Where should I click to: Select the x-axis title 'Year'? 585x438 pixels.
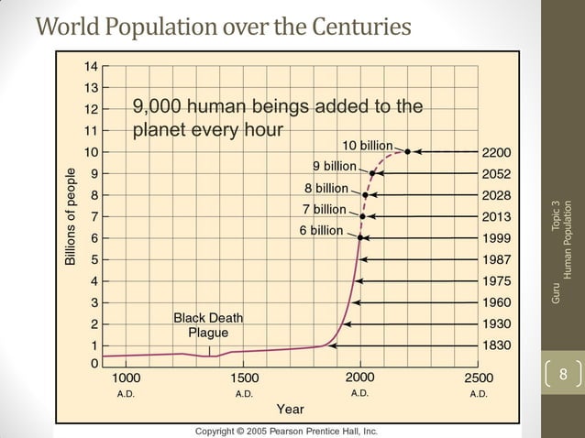click(291, 409)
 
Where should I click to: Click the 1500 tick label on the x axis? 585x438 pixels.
click(244, 378)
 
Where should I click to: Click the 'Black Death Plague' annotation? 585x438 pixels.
click(208, 325)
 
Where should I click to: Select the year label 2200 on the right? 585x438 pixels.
click(497, 152)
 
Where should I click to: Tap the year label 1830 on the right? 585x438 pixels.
click(497, 346)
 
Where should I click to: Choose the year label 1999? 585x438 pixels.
click(497, 238)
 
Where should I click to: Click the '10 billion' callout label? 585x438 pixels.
click(368, 146)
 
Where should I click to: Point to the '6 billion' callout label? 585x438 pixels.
click(321, 230)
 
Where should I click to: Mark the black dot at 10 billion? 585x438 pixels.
click(407, 151)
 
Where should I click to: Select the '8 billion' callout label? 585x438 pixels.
click(326, 188)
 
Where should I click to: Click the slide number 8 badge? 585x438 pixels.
click(563, 374)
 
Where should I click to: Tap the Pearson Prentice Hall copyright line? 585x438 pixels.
click(285, 431)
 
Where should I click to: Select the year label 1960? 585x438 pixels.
click(497, 302)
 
